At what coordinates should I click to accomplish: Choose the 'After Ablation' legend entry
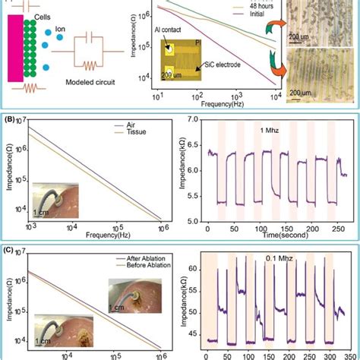click(x=134, y=257)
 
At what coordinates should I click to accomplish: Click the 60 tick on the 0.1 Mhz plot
click(x=195, y=270)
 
